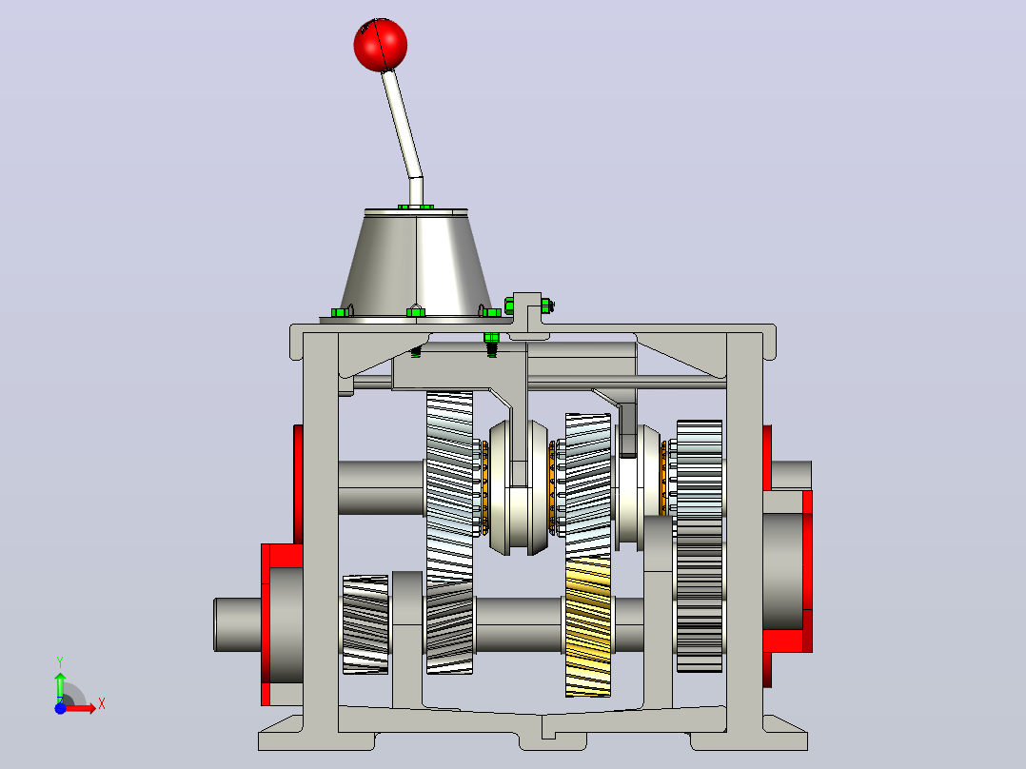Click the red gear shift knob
(380, 45)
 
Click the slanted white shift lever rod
(402, 125)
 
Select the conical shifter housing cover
(416, 262)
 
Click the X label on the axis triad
(102, 704)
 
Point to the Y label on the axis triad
(60, 662)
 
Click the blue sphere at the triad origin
(60, 708)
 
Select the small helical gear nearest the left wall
(365, 624)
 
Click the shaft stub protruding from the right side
(791, 475)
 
